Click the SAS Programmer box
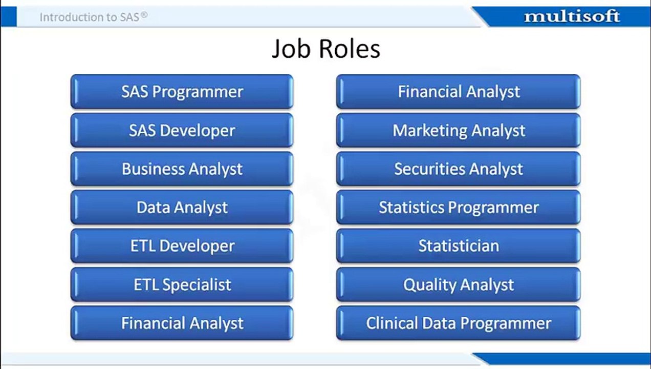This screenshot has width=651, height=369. tap(182, 92)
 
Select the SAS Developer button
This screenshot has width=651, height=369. tap(182, 130)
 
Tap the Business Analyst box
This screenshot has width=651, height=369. tap(182, 169)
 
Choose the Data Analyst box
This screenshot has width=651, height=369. tap(182, 208)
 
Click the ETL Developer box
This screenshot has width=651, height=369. tap(182, 246)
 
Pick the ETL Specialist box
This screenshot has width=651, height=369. tap(182, 284)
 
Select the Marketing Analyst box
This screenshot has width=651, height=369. tap(458, 130)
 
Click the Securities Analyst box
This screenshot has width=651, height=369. tap(458, 169)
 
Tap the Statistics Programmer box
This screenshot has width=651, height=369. tap(458, 208)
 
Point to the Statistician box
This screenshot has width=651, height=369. tap(458, 246)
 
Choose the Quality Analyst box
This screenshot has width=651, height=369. tap(458, 284)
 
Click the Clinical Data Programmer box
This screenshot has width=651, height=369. tap(458, 323)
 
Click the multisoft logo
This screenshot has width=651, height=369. tap(572, 16)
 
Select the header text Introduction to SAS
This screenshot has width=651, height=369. tap(90, 17)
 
